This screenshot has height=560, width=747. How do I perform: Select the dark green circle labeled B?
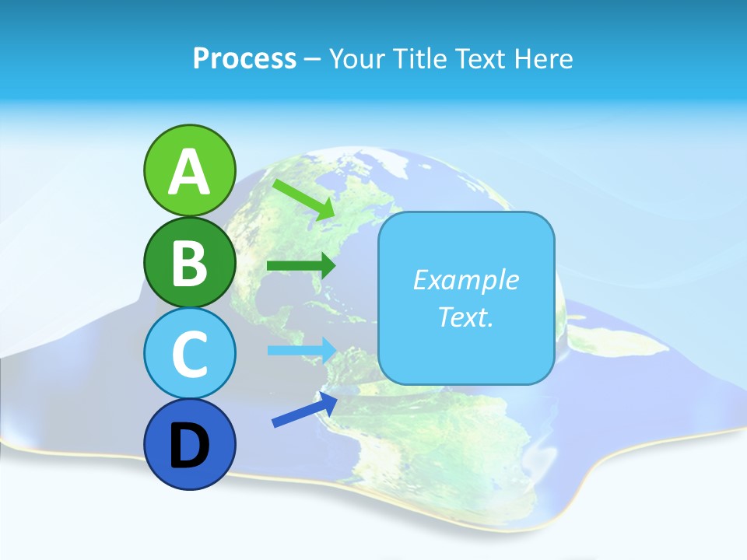point(189,263)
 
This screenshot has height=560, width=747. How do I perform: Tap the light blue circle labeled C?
point(189,353)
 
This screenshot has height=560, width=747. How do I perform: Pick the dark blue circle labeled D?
point(189,445)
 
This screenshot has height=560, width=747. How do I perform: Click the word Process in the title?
point(244,58)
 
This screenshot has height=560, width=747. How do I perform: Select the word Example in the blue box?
point(465,280)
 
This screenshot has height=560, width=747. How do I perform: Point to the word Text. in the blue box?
point(465,317)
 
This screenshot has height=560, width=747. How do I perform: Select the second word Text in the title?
point(480,58)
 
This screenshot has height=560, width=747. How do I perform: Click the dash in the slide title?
point(313,59)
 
